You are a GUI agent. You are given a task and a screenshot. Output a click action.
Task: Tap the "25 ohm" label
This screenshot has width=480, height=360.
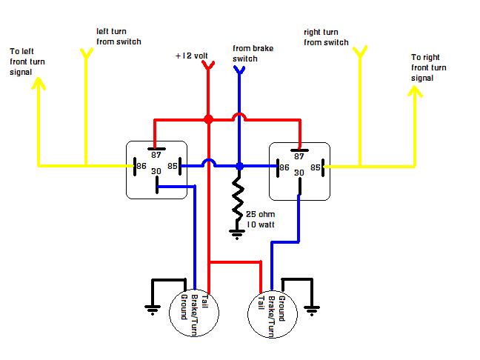pyautogui.click(x=260, y=214)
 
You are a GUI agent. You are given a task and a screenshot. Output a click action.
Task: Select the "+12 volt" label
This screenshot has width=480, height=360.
pyautogui.click(x=192, y=56)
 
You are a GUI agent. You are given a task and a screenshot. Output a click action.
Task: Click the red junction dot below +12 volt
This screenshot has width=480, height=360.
pyautogui.click(x=208, y=119)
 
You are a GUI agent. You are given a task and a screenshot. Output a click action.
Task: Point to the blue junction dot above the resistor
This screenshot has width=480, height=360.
pyautogui.click(x=239, y=166)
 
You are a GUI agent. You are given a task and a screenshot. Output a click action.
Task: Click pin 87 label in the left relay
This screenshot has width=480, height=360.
pyautogui.click(x=156, y=156)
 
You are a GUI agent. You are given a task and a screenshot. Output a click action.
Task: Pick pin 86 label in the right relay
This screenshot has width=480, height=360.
pyautogui.click(x=284, y=167)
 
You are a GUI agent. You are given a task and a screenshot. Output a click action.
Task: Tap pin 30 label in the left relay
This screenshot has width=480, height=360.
pyautogui.click(x=156, y=171)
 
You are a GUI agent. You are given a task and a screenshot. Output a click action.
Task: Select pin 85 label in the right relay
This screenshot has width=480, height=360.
pyautogui.click(x=316, y=167)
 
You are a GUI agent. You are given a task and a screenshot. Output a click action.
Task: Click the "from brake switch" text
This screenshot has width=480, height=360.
pyautogui.click(x=253, y=53)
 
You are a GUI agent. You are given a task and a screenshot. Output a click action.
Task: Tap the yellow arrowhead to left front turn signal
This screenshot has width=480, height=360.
pyautogui.click(x=39, y=83)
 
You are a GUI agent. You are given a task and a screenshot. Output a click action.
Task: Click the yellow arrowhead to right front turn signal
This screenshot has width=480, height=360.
pyautogui.click(x=415, y=91)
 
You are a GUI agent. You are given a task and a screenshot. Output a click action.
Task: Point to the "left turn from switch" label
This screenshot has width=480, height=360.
pyautogui.click(x=119, y=36)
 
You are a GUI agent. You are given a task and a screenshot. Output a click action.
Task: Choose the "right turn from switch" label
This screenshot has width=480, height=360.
pyautogui.click(x=326, y=37)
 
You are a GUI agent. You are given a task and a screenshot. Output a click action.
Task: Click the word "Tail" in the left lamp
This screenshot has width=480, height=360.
pyautogui.click(x=205, y=301)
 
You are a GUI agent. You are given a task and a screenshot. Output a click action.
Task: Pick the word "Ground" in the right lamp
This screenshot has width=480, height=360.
pyautogui.click(x=281, y=309)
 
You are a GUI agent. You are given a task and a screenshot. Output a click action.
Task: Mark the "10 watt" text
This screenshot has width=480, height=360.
pyautogui.click(x=261, y=224)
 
